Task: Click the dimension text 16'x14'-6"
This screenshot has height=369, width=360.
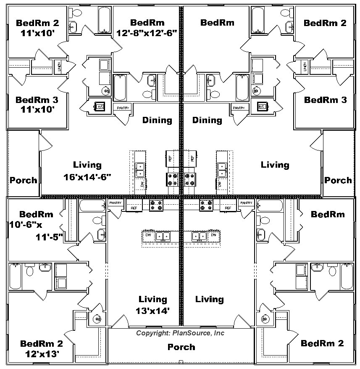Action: pyautogui.click(x=87, y=177)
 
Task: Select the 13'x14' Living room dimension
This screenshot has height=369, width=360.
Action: pyautogui.click(x=153, y=311)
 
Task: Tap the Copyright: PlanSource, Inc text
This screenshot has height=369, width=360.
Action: pyautogui.click(x=180, y=333)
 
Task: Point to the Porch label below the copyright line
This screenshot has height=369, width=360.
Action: pyautogui.click(x=181, y=347)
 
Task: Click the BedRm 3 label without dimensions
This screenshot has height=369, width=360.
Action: pyautogui.click(x=326, y=100)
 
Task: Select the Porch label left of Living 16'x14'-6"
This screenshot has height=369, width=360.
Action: pyautogui.click(x=23, y=180)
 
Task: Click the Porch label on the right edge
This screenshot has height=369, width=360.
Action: pyautogui.click(x=338, y=180)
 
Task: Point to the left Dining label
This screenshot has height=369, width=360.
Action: pyautogui.click(x=157, y=120)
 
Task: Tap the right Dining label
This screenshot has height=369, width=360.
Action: pyautogui.click(x=207, y=120)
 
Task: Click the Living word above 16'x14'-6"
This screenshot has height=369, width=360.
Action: pyautogui.click(x=87, y=165)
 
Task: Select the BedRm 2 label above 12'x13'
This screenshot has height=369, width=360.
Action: pyautogui.click(x=42, y=343)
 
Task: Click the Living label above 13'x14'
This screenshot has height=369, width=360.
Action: pyautogui.click(x=153, y=299)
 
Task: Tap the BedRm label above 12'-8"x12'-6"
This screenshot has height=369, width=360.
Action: pyautogui.click(x=147, y=23)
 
